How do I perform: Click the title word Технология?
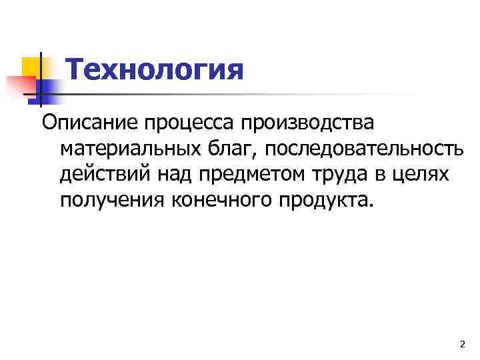[x=156, y=69]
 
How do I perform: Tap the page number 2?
[x=462, y=344]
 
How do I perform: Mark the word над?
[x=173, y=175]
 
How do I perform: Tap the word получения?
[x=113, y=200]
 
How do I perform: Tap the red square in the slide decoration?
[x=19, y=85]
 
